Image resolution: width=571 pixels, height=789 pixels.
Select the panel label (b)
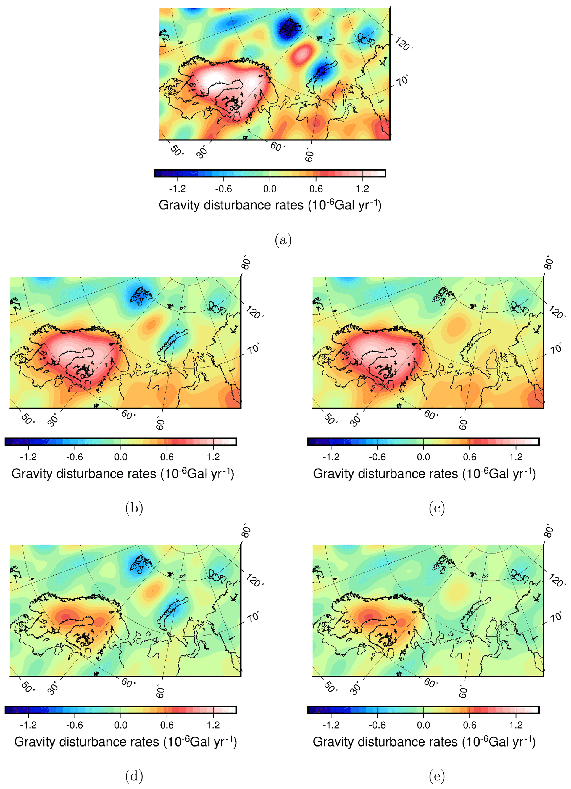coord(134,509)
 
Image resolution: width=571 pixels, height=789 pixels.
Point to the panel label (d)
coord(134,776)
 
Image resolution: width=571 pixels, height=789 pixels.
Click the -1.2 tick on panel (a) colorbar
coord(177,189)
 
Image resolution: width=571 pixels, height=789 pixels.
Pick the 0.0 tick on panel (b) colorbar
coord(121,457)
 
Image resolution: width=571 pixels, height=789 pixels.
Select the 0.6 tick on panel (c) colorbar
coord(470,457)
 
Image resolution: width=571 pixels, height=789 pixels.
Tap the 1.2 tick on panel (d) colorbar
coord(213,725)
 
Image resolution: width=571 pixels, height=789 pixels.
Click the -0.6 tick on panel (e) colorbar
coord(377,725)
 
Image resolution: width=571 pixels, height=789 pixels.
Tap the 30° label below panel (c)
coord(356,420)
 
